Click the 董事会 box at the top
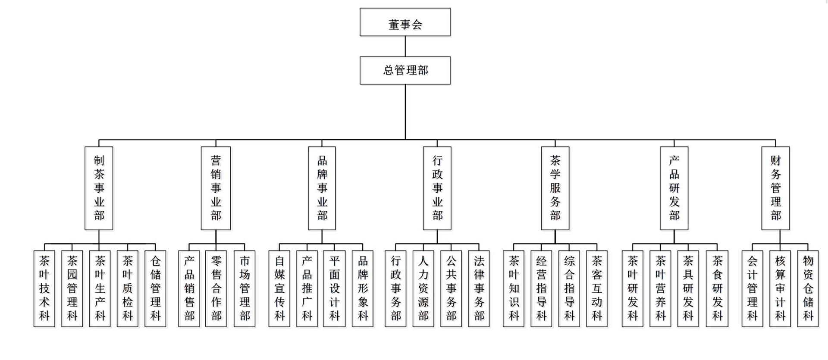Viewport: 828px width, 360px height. click(x=405, y=22)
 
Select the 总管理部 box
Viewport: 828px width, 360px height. click(x=405, y=70)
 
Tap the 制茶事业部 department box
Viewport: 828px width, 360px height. click(x=99, y=188)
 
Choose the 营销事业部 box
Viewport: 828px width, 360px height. click(x=216, y=188)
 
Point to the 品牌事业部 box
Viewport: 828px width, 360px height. click(x=322, y=188)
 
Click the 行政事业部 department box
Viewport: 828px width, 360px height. click(x=437, y=188)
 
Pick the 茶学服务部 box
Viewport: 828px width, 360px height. click(x=555, y=188)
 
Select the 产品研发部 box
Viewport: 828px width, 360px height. click(x=674, y=188)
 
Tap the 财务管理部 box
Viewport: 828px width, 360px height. click(x=775, y=188)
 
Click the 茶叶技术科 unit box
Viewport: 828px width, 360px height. click(x=44, y=288)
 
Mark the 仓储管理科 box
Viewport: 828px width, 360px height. click(x=155, y=288)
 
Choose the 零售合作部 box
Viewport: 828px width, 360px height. click(x=216, y=288)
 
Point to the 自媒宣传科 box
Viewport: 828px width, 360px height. click(x=279, y=288)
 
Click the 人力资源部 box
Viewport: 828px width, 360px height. click(x=423, y=288)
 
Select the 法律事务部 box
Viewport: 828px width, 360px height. click(x=479, y=288)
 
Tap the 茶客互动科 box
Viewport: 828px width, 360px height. click(x=597, y=288)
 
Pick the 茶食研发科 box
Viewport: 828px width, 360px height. click(x=717, y=288)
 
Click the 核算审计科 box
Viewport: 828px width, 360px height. click(x=780, y=288)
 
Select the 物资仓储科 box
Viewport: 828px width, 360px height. click(x=808, y=288)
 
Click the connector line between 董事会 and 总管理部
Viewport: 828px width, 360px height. click(x=405, y=46)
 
